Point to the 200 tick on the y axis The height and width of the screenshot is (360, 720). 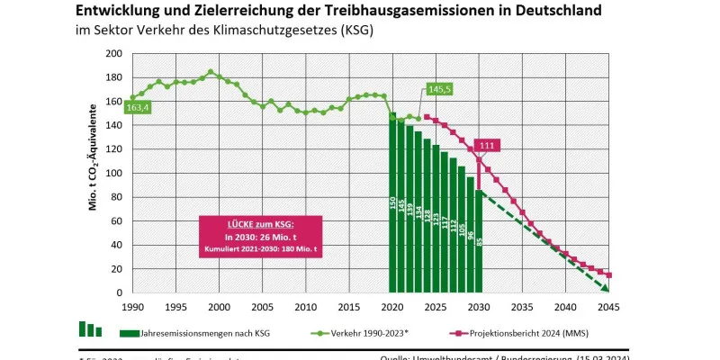click(113, 53)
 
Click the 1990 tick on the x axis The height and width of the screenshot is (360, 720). click(132, 306)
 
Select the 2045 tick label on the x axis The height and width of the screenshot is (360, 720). click(609, 306)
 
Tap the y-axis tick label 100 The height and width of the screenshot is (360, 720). click(113, 173)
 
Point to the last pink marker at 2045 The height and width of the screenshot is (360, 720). click(609, 275)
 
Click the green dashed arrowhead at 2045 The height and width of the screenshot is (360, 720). click(607, 289)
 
